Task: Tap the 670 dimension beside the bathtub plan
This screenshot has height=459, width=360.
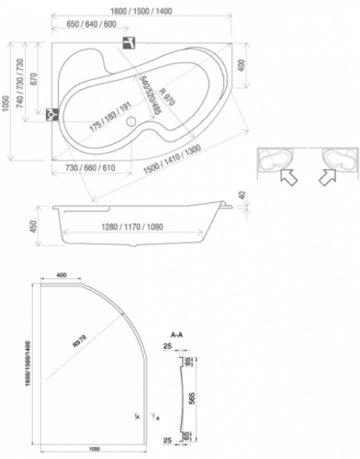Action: point(33,80)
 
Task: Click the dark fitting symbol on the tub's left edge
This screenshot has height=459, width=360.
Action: point(51,115)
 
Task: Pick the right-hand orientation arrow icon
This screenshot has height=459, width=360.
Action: point(327,174)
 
